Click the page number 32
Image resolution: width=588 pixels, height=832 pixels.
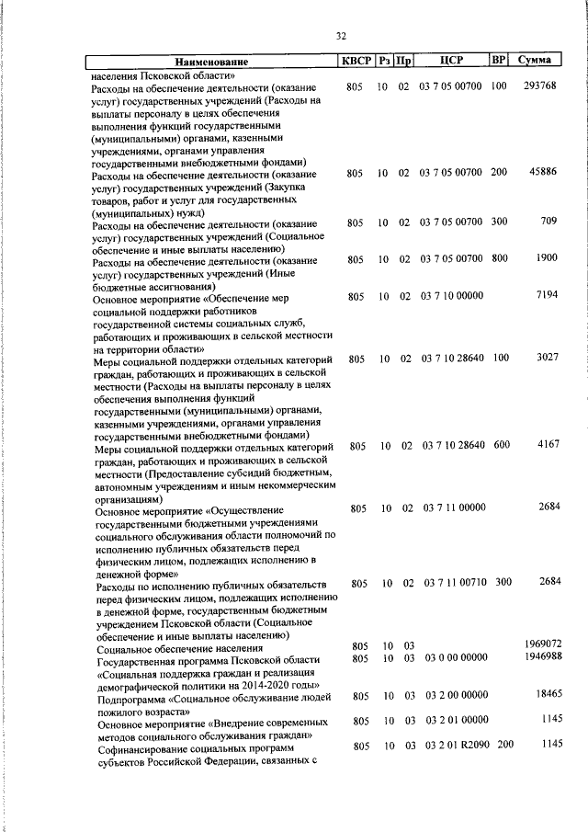[341, 36]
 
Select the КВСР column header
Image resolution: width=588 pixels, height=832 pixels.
[356, 61]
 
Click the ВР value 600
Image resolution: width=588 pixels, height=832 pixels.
[500, 446]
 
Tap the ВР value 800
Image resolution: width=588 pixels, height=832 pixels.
[500, 258]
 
